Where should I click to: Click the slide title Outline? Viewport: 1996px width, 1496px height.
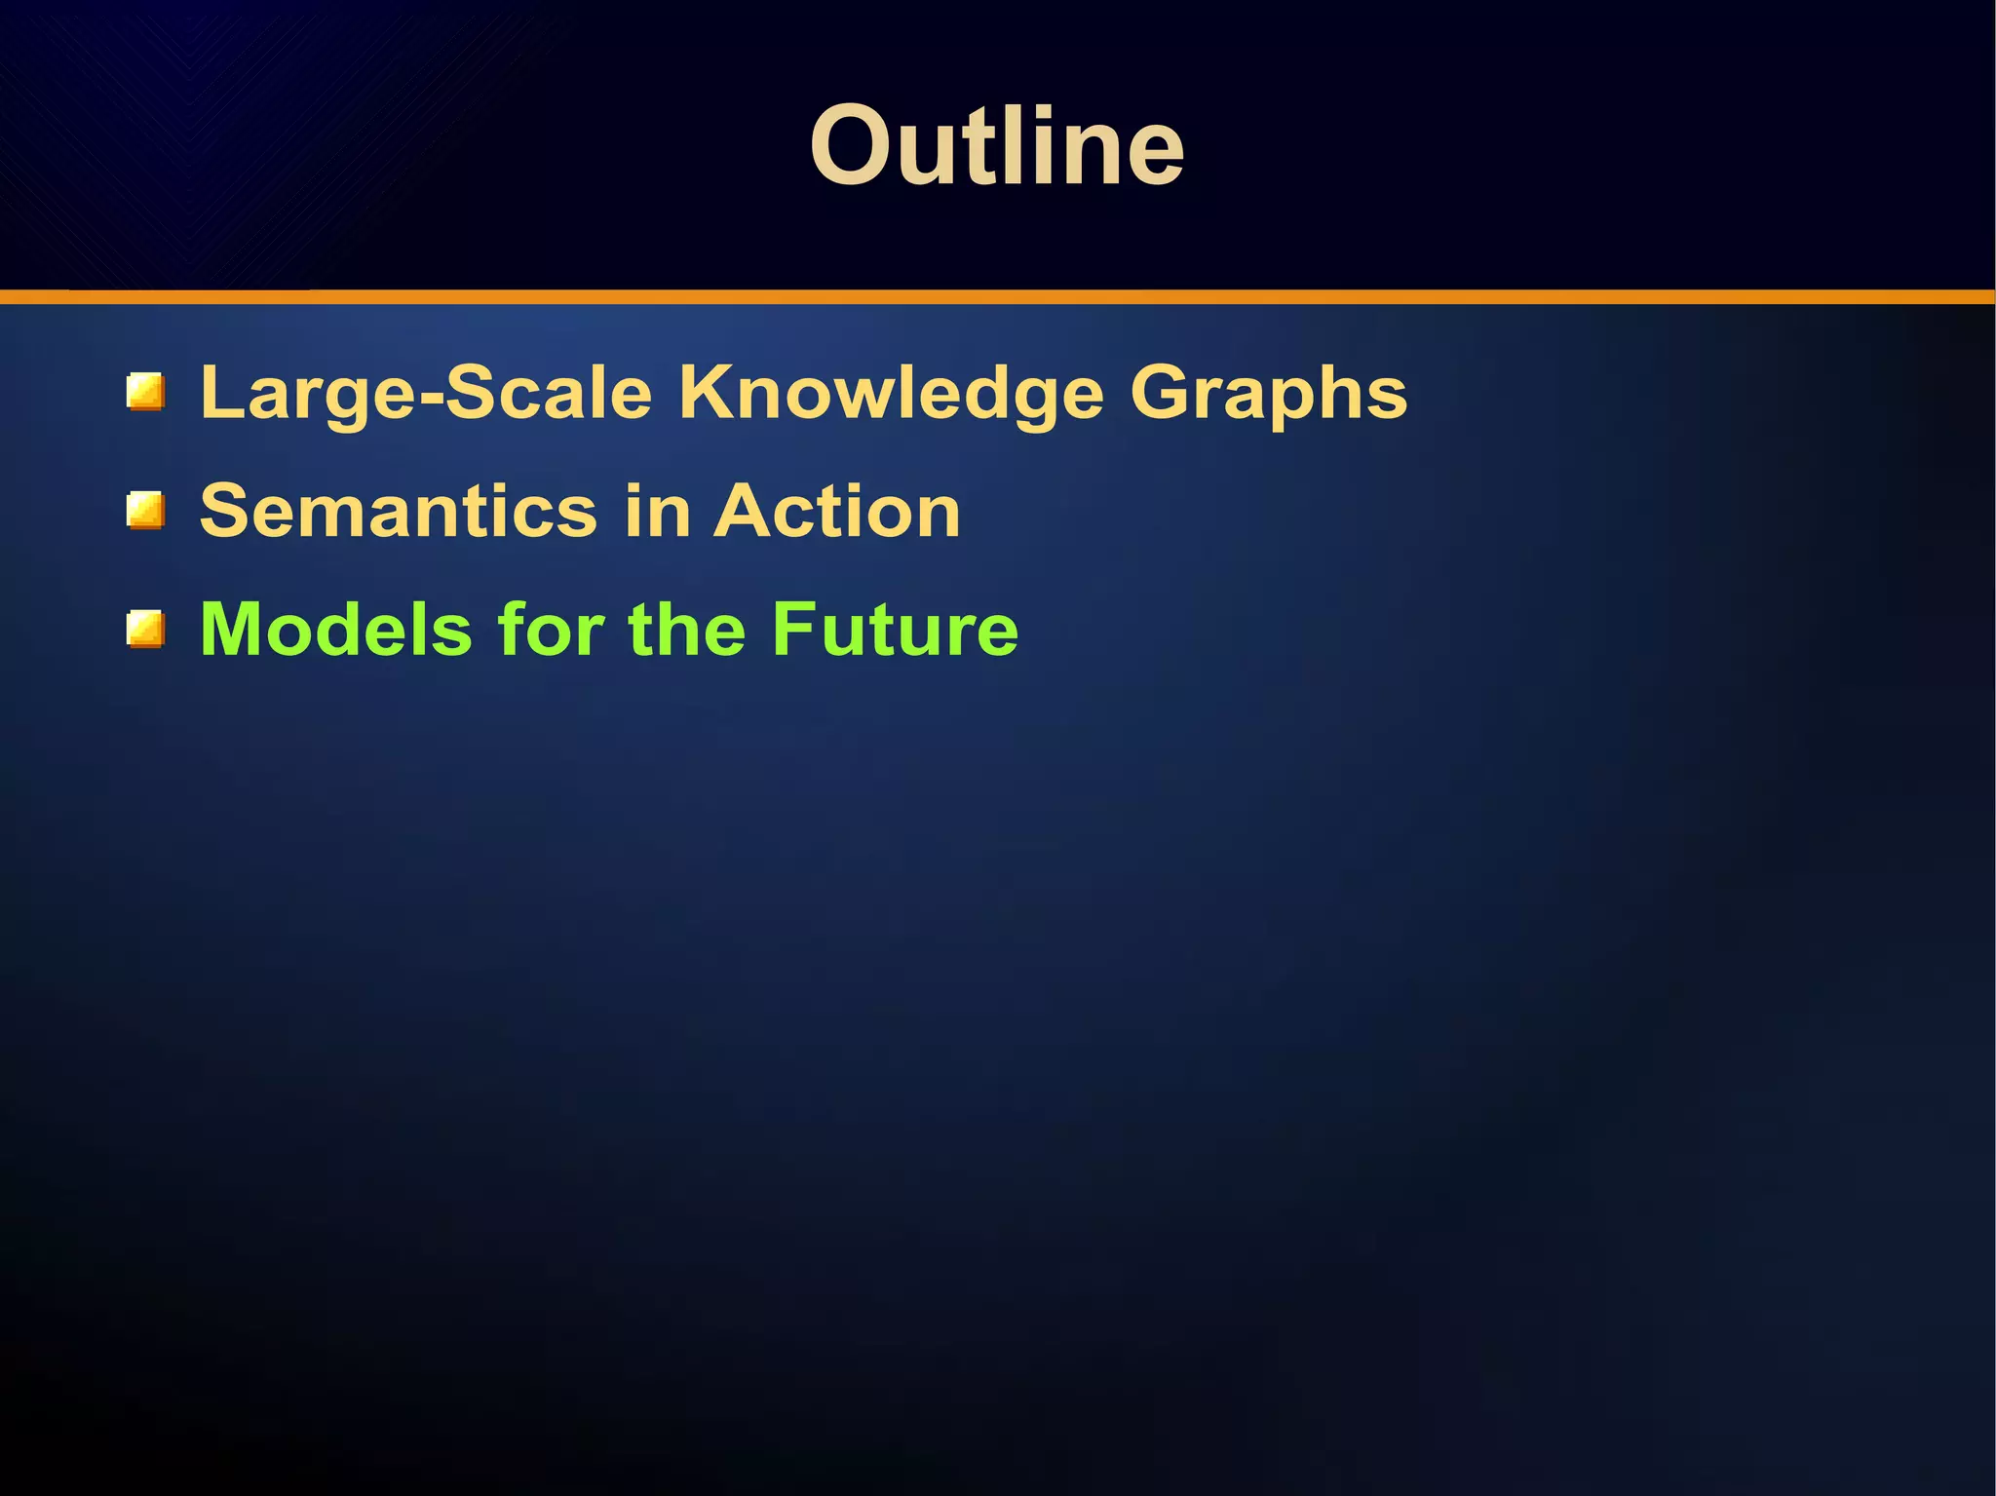click(x=997, y=146)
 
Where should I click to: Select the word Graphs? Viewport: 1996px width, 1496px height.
click(x=1268, y=395)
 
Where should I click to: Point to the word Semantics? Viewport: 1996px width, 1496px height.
click(x=398, y=511)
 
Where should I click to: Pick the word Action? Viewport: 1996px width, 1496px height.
click(x=837, y=511)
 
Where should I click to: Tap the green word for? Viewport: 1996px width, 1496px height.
click(x=552, y=630)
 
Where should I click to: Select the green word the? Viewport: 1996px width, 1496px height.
click(x=688, y=630)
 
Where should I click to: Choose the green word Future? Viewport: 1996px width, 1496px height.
click(x=895, y=630)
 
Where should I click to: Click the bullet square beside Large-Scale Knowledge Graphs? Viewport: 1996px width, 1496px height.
click(x=145, y=392)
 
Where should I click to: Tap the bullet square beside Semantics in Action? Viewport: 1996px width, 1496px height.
click(x=145, y=511)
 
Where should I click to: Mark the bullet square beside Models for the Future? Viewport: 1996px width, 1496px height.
click(x=145, y=630)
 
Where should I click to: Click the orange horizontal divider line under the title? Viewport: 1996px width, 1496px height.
click(x=997, y=296)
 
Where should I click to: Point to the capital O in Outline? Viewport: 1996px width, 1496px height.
click(x=850, y=146)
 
